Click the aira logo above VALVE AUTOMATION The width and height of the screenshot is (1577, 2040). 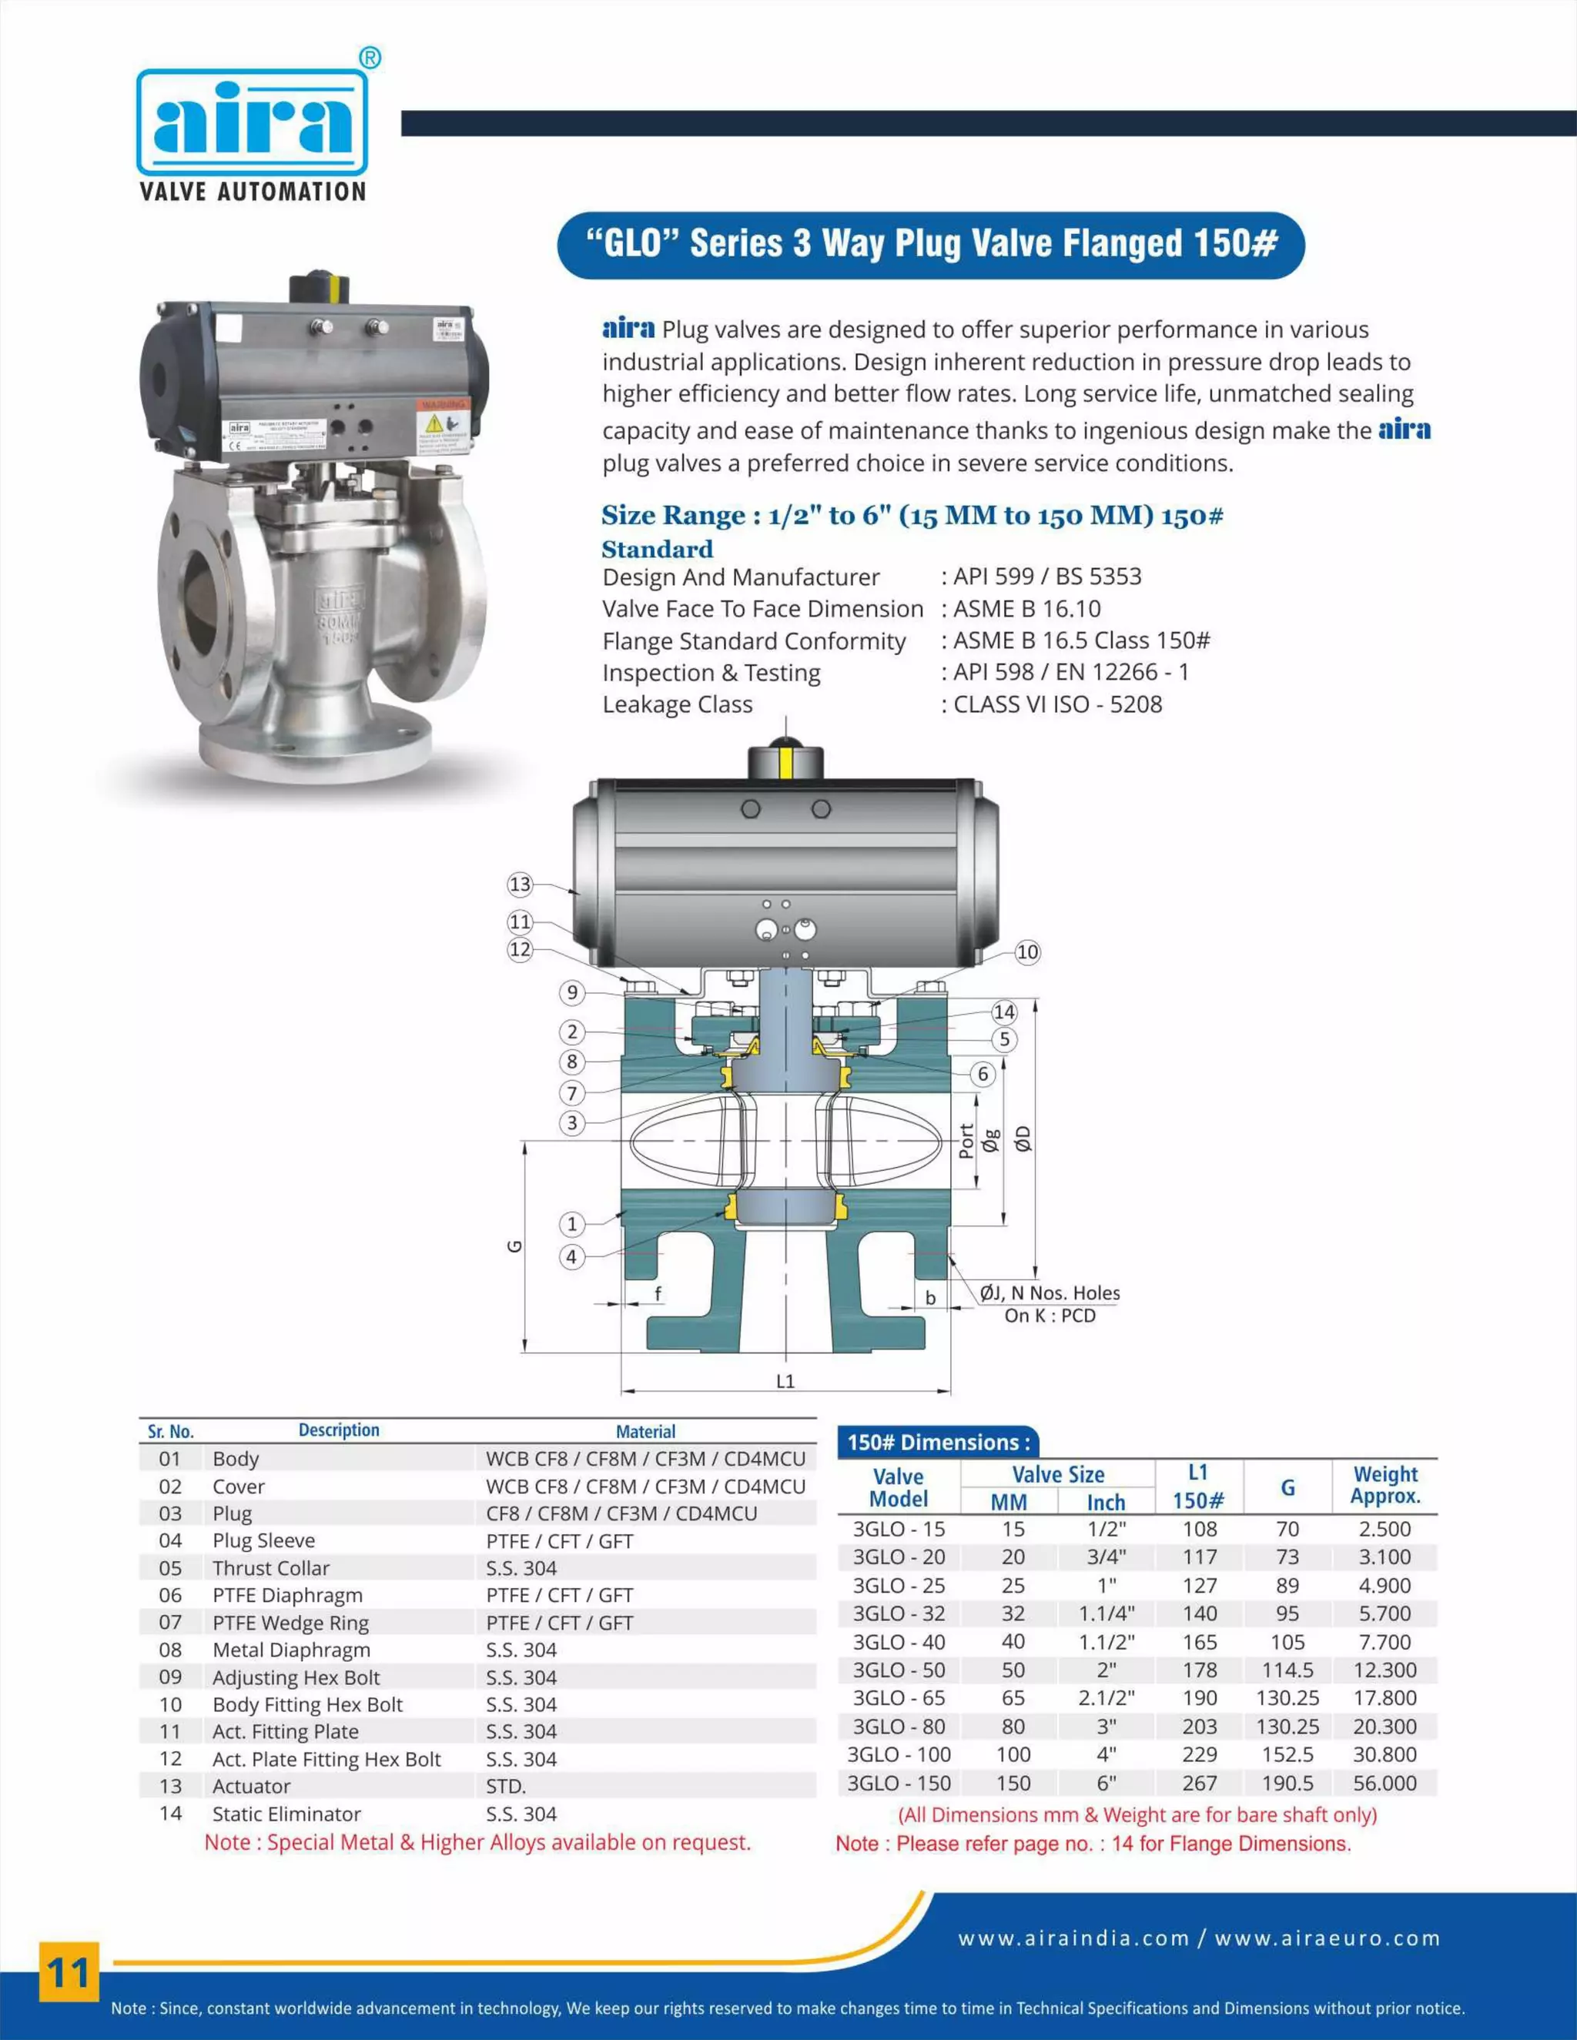click(x=253, y=122)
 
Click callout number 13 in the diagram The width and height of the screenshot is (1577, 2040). click(x=520, y=884)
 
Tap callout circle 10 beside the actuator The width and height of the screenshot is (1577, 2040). click(x=1026, y=951)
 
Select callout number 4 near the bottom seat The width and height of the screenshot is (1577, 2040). click(x=572, y=1256)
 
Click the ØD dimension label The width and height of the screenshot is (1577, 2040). click(x=1024, y=1139)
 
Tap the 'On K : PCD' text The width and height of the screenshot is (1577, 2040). click(x=1050, y=1315)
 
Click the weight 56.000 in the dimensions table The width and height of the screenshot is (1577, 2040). click(x=1384, y=1783)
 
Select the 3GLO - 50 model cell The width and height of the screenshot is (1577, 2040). click(x=899, y=1670)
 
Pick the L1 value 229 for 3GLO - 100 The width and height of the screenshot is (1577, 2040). click(x=1199, y=1754)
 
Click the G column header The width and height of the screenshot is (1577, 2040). click(x=1287, y=1488)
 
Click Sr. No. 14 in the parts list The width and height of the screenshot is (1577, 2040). click(x=170, y=1813)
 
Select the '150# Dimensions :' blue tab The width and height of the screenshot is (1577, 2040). click(x=937, y=1442)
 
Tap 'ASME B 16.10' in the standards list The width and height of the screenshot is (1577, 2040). click(x=1026, y=609)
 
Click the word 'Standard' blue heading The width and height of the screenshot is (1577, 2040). click(x=657, y=549)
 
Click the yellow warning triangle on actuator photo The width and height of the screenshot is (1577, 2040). click(x=434, y=423)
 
